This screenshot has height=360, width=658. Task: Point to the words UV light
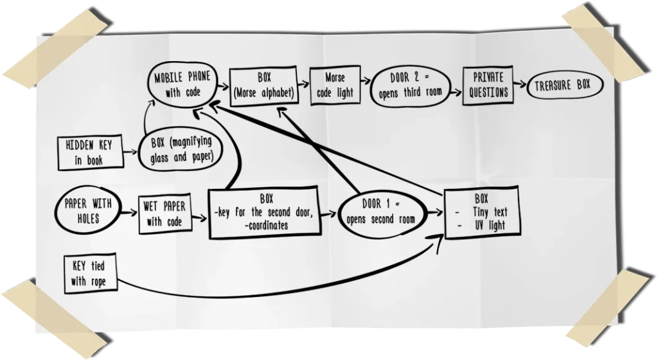coord(490,225)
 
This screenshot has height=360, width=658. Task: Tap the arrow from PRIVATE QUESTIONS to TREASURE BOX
coord(520,85)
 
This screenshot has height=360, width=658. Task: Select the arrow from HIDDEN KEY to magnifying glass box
coord(131,152)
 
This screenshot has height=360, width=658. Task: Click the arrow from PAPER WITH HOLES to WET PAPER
coord(130,212)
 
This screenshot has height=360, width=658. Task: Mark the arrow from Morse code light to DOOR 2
coord(366,80)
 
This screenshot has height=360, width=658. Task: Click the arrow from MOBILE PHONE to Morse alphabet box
coord(223,86)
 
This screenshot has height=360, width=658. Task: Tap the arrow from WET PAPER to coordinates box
coord(200,217)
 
